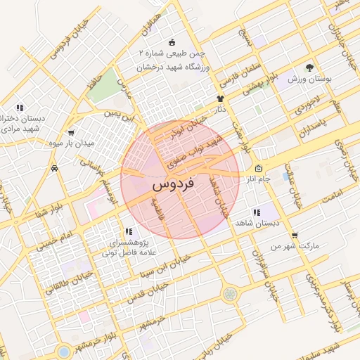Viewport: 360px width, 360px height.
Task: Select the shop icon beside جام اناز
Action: [258, 169]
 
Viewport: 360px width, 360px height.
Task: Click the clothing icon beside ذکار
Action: [220, 99]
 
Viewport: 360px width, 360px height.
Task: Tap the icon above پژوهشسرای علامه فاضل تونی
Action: [128, 231]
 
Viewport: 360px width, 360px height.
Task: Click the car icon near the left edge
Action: [55, 169]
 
